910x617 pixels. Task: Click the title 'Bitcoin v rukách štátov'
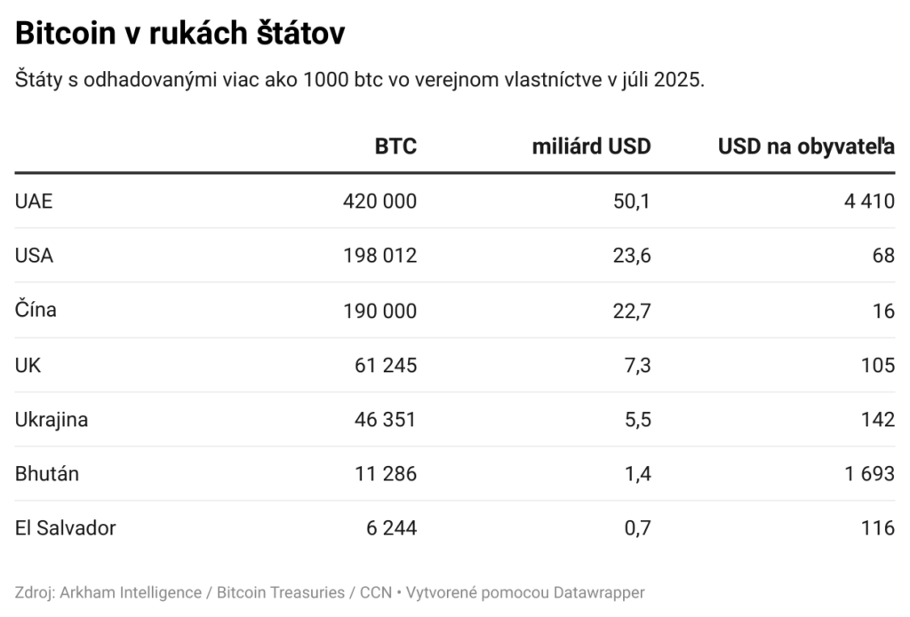click(180, 34)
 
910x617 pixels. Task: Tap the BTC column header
click(395, 146)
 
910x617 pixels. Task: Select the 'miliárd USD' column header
click(591, 146)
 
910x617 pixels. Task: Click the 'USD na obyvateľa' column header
click(806, 146)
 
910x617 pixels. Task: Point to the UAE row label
click(34, 202)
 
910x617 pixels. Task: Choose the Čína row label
click(36, 310)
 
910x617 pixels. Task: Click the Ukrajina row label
click(52, 419)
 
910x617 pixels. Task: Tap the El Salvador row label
click(66, 528)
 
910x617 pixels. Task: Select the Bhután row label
click(47, 473)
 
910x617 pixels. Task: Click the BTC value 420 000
click(379, 202)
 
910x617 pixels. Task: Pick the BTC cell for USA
click(379, 256)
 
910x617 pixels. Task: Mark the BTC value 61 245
click(386, 365)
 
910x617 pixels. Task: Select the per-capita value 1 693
click(870, 473)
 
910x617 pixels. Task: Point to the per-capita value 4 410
click(870, 202)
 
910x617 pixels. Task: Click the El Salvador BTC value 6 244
click(391, 528)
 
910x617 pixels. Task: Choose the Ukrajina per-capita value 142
click(877, 419)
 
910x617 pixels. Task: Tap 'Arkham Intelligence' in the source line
click(130, 592)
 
